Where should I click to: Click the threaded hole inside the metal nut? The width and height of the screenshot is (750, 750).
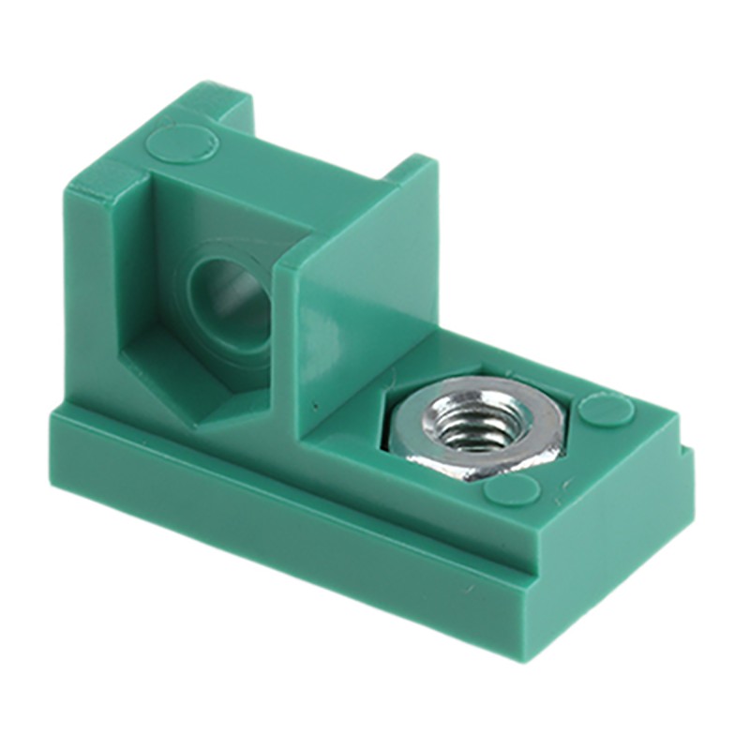tap(472, 430)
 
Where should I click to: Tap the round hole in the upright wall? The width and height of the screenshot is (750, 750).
tap(228, 292)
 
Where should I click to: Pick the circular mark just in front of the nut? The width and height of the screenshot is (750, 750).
tap(513, 488)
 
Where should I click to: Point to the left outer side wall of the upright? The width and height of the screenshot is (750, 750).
tap(89, 291)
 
